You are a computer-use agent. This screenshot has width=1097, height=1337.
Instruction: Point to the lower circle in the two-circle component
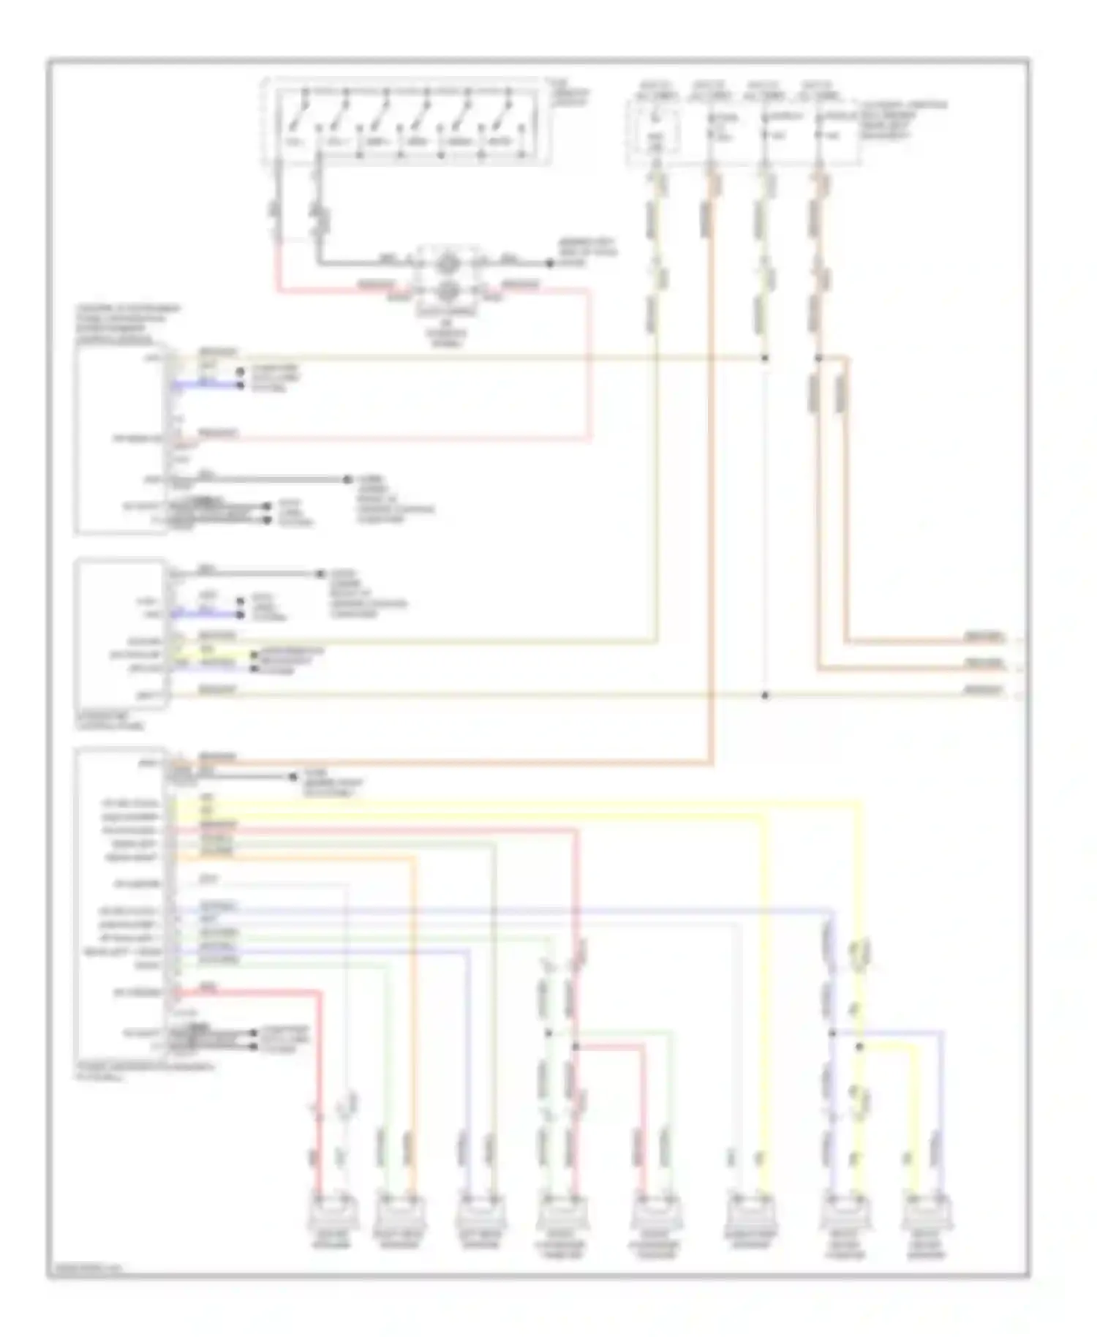[x=448, y=291]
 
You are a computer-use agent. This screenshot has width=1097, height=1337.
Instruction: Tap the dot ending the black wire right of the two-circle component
[x=549, y=263]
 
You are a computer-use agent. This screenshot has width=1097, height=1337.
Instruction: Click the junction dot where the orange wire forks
[x=818, y=358]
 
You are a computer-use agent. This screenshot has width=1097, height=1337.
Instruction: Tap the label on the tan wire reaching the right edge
[x=983, y=690]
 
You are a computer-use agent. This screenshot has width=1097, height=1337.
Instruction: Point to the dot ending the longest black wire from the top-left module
[x=347, y=480]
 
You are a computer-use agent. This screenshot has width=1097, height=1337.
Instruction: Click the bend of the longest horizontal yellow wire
[x=860, y=804]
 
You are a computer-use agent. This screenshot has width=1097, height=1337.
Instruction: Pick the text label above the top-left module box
[x=126, y=325]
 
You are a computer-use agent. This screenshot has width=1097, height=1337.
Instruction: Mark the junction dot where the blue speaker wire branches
[x=832, y=1033]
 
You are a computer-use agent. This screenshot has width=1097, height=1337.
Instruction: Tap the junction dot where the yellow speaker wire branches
[x=860, y=1047]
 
